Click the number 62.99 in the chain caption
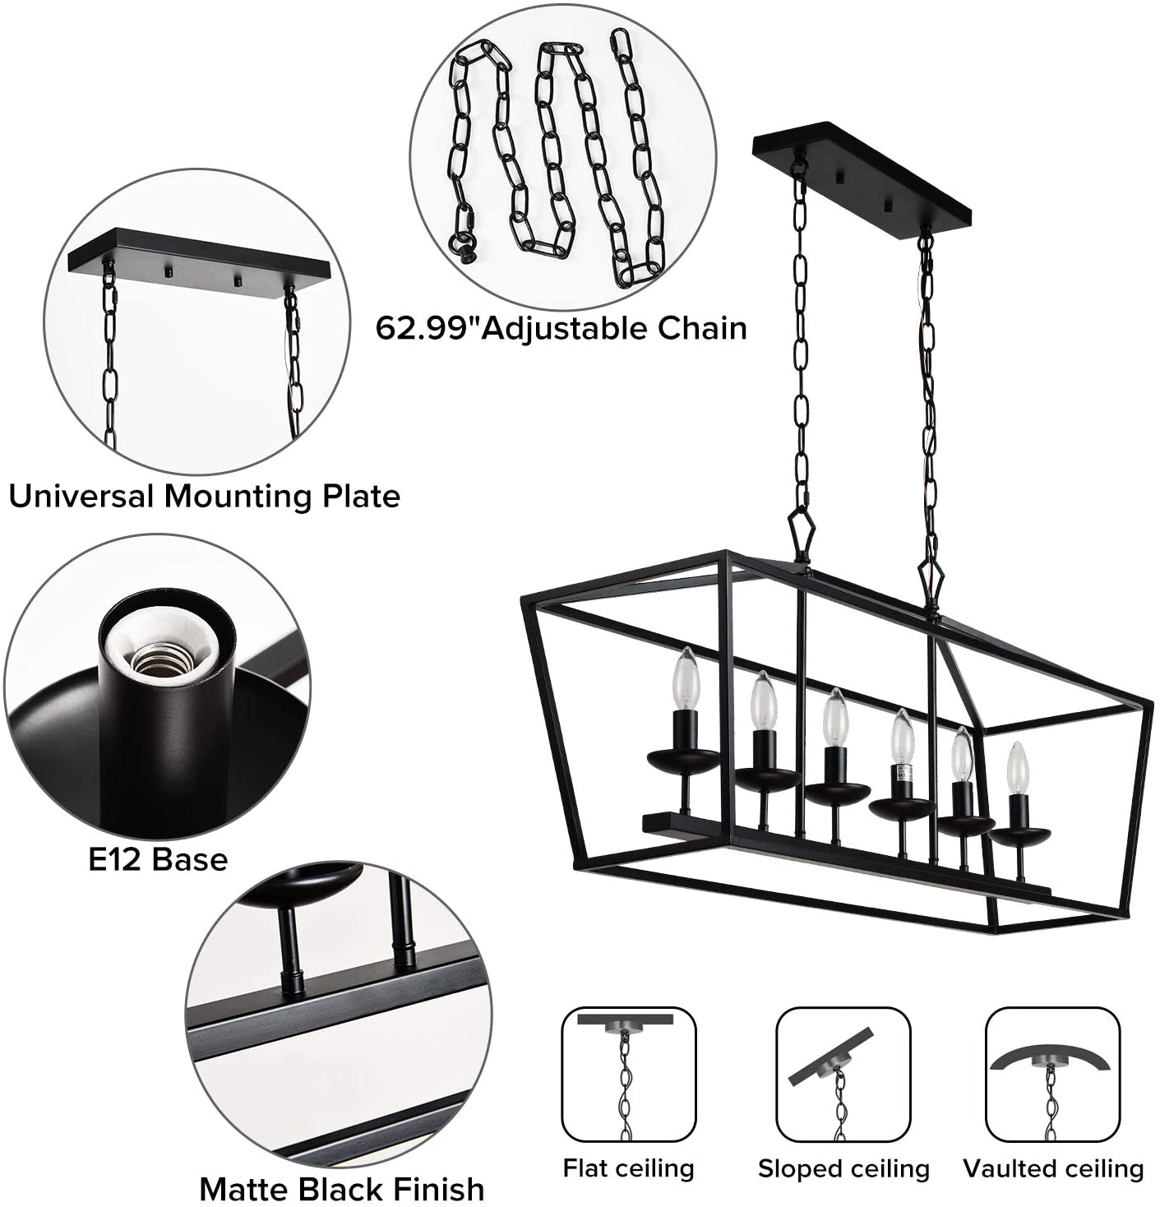423,328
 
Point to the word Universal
81,496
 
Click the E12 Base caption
158,860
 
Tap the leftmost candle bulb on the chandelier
686,678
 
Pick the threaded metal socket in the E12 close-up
160,660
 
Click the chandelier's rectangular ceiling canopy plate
862,175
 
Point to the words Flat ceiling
628,1168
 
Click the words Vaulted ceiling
1053,1168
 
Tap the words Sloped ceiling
843,1168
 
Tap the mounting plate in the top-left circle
199,256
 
